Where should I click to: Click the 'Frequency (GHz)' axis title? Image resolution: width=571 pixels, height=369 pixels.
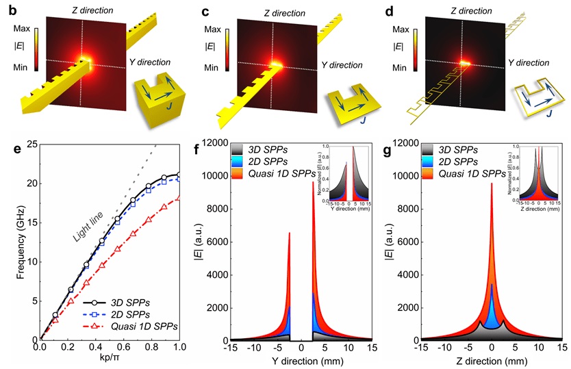(12, 241)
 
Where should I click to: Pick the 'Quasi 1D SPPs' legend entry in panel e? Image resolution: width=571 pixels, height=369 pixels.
(147, 327)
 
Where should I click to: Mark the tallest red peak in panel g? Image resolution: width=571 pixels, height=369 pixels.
(492, 183)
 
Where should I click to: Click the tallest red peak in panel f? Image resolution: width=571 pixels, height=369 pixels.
(313, 182)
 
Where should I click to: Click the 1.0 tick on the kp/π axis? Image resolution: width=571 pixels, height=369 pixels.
(180, 348)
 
